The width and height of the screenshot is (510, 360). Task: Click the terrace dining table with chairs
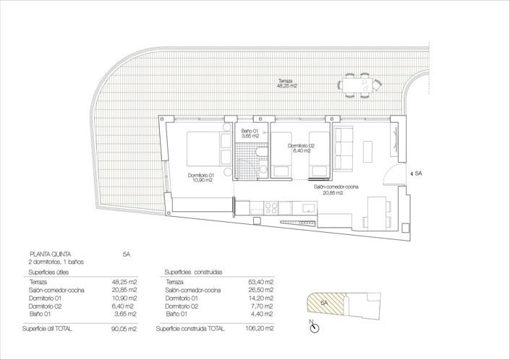[358, 85]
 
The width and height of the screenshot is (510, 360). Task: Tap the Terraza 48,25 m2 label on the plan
[286, 83]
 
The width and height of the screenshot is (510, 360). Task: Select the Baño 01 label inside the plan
[250, 133]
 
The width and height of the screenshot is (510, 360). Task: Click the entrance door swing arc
[390, 173]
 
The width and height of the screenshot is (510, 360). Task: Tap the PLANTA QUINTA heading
[49, 254]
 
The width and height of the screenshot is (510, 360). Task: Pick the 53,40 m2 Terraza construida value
[260, 281]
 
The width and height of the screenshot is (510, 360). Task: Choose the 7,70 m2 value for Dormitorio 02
[260, 307]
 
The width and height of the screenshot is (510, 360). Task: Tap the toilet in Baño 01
[264, 154]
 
